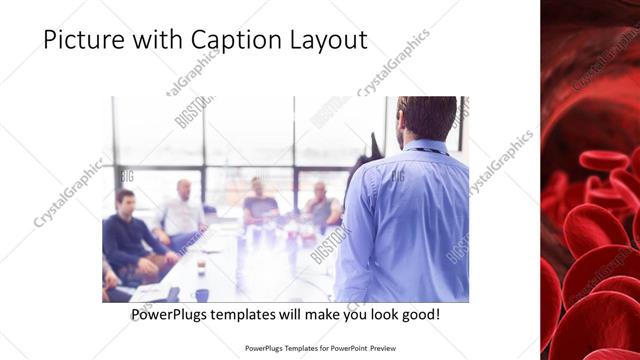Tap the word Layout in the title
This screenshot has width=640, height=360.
point(325,40)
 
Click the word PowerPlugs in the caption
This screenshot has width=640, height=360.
point(173,315)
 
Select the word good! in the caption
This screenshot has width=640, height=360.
point(417,315)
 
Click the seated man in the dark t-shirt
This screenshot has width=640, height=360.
point(259,204)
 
